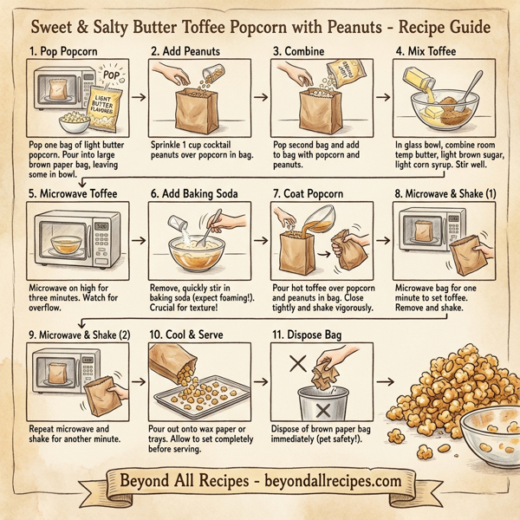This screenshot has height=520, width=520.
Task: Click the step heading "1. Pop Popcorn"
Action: (x=62, y=50)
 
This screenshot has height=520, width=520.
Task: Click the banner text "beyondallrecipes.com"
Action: (x=330, y=481)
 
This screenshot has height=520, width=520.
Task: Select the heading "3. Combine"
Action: (x=301, y=50)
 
